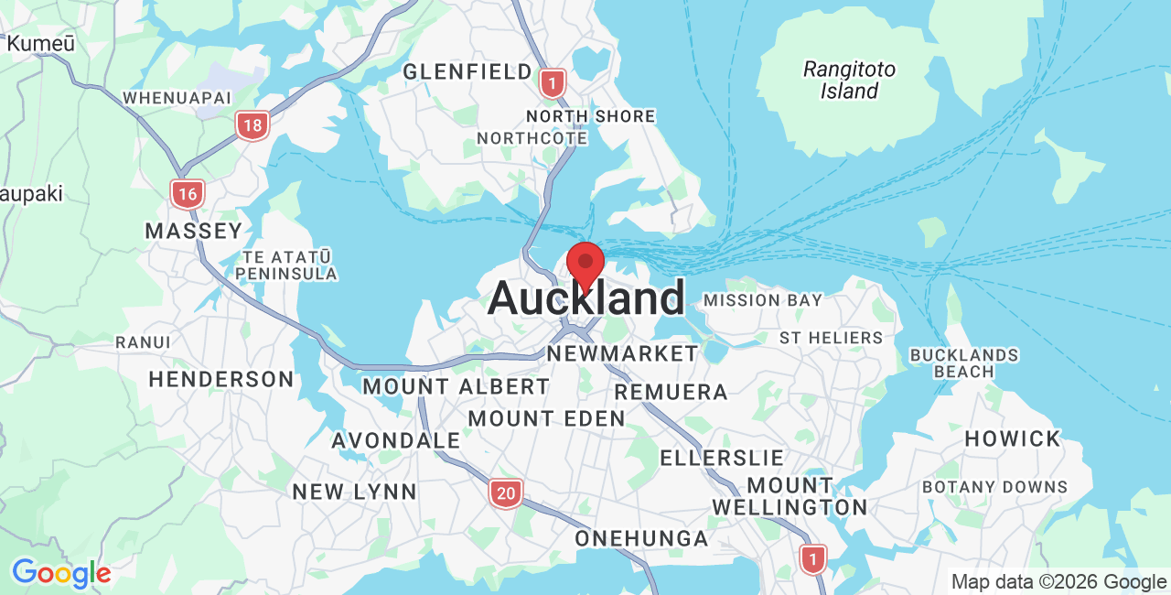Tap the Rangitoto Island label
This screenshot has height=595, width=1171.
(849, 80)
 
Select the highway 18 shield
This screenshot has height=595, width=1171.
(252, 125)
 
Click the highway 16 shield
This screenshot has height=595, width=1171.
(188, 193)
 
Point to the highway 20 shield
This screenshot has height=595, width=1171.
(505, 493)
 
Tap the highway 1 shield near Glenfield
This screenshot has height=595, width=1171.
(552, 84)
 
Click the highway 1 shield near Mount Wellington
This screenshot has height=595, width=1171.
(812, 558)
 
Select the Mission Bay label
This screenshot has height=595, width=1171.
(763, 300)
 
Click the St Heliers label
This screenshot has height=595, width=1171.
(831, 338)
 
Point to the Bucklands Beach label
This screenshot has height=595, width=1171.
(964, 362)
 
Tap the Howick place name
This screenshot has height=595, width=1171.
(1012, 438)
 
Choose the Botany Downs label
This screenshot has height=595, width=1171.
(994, 487)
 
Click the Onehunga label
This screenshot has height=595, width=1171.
(641, 538)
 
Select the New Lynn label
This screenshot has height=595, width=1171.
(354, 492)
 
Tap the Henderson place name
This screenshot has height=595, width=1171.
(221, 379)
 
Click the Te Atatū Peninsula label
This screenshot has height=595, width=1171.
(286, 265)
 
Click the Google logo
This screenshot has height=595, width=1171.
(61, 574)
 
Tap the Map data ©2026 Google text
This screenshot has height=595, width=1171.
(1058, 581)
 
